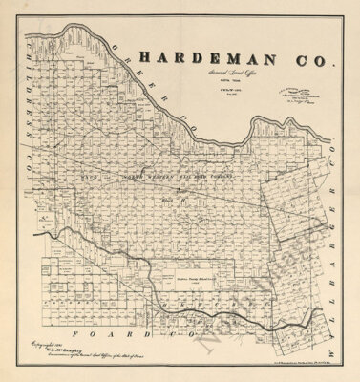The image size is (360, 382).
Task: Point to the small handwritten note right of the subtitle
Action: click(x=293, y=92)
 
